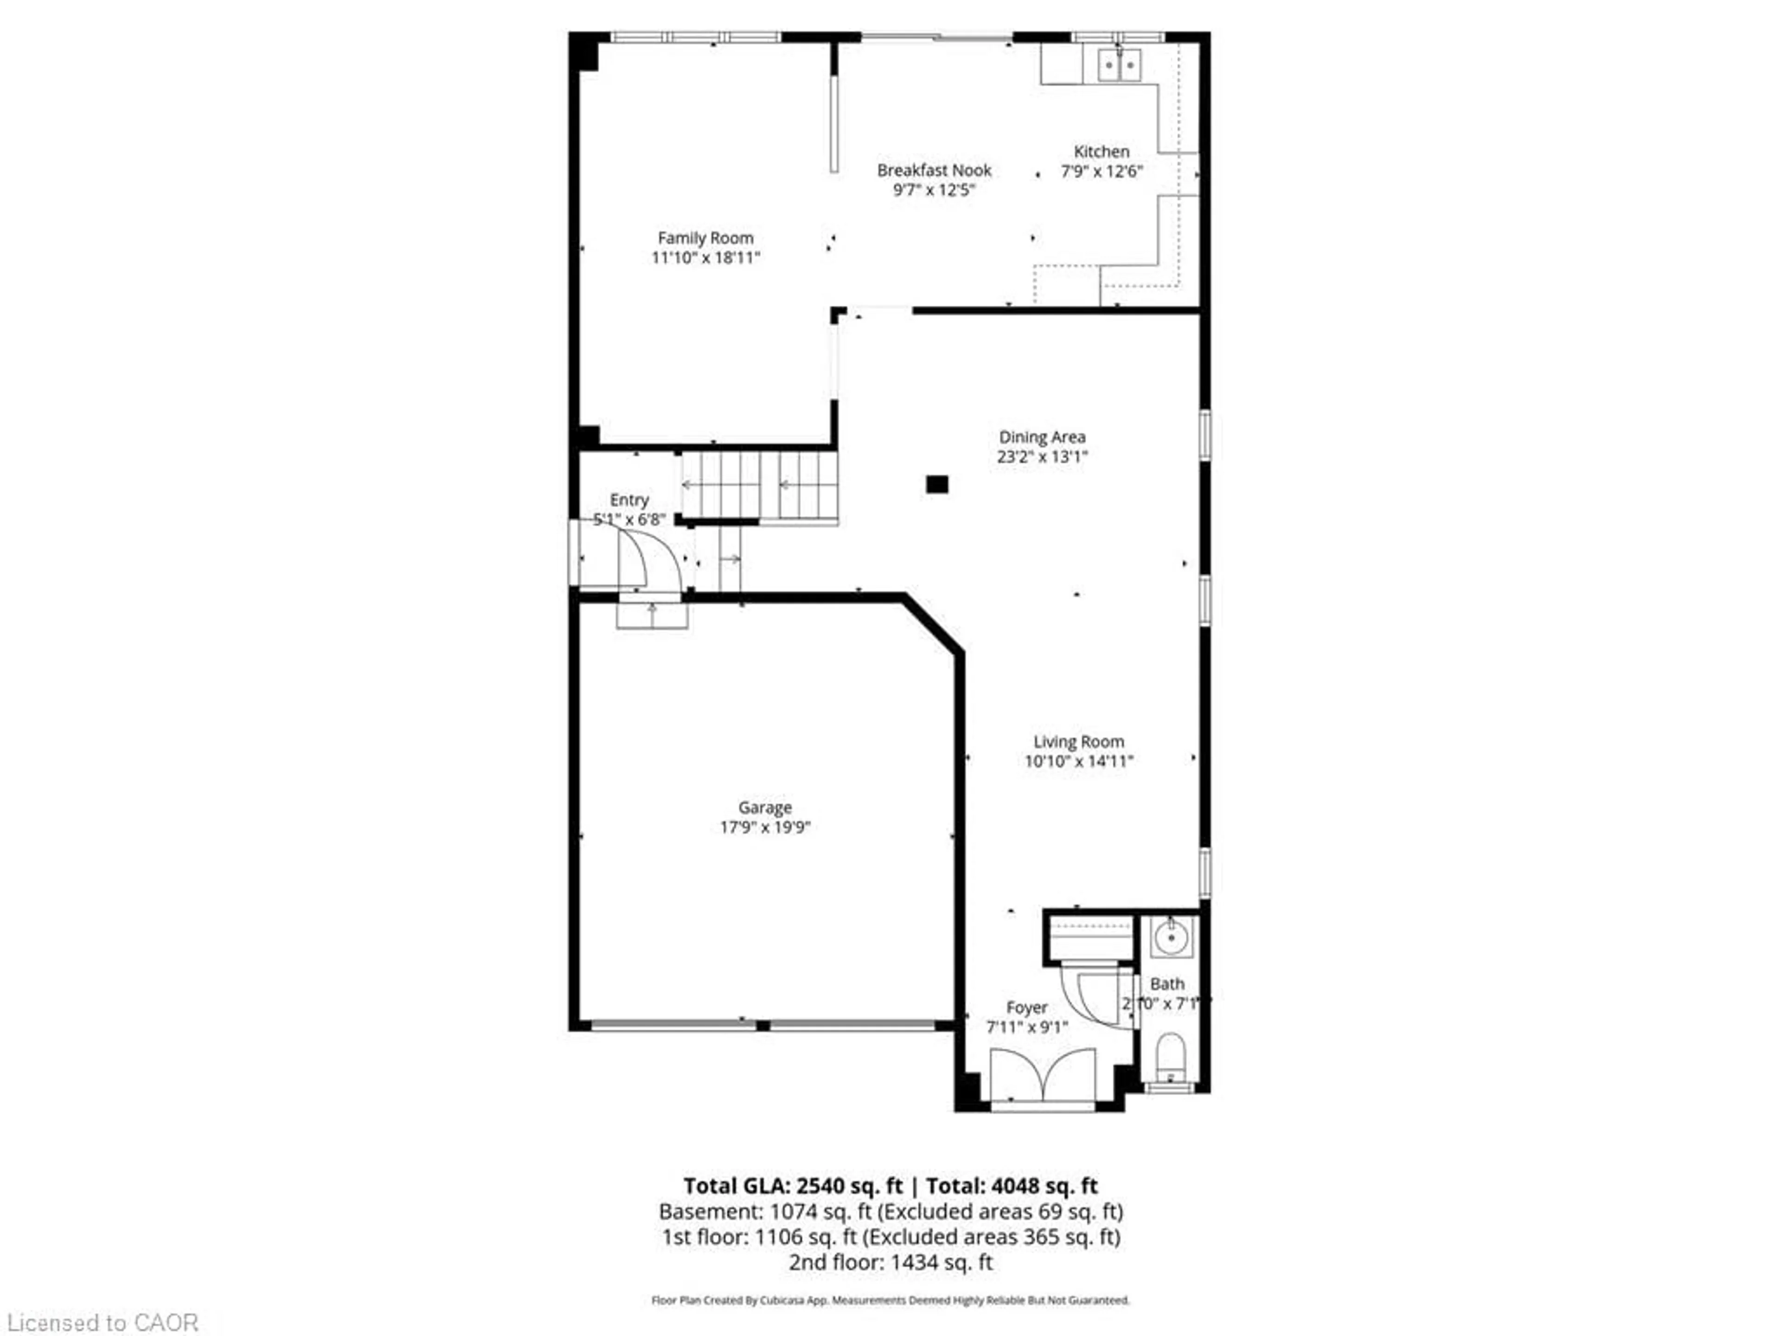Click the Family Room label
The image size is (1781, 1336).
(705, 238)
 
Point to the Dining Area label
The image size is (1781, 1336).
(1042, 437)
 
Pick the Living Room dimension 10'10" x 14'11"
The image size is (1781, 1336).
(1079, 762)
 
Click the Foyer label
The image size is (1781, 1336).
(1026, 1008)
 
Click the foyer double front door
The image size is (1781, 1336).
(1043, 1075)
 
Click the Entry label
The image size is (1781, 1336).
(629, 500)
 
